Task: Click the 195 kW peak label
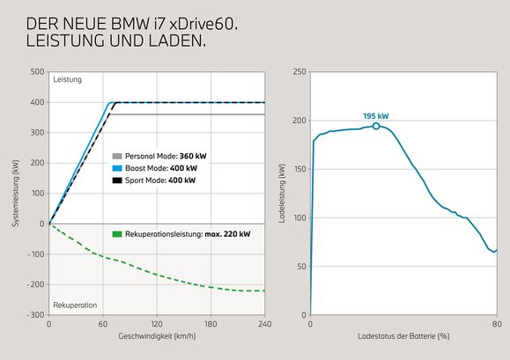click(375, 116)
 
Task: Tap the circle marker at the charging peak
click(376, 126)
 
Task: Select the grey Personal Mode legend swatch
click(118, 155)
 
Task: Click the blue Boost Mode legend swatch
click(118, 167)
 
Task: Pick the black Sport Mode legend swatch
click(118, 180)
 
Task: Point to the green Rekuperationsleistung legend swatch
click(118, 234)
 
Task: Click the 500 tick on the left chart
click(37, 72)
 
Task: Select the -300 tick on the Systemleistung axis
click(35, 314)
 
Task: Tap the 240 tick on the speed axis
click(263, 323)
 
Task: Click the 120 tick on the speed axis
click(156, 323)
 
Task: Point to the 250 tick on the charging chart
click(299, 72)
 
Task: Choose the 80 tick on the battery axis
click(497, 323)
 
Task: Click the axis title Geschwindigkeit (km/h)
click(156, 336)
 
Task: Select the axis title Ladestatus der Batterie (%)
click(403, 336)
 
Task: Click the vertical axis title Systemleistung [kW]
click(16, 193)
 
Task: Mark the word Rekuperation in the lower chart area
click(75, 305)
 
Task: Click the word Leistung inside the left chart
click(67, 80)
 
